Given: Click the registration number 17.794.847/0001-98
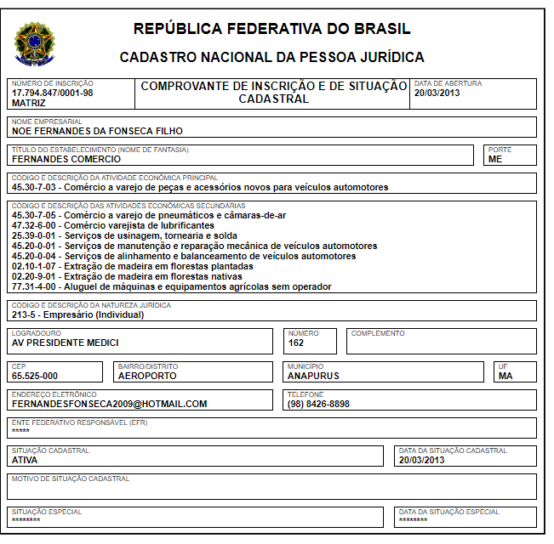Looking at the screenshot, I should (53, 93).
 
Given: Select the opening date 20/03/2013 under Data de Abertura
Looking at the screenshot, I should (437, 93).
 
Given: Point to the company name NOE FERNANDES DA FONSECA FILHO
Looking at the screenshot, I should (97, 132).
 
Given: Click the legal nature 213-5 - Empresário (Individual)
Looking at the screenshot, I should (78, 314).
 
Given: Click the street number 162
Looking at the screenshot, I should (296, 343).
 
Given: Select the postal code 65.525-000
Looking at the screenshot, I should (35, 376).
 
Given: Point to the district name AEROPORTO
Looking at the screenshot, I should (148, 376).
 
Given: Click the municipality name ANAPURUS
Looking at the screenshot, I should (313, 376).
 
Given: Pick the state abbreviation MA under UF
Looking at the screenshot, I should (505, 376).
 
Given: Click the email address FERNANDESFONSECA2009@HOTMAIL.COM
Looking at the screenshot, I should (110, 405).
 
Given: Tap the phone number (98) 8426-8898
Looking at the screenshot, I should (318, 405).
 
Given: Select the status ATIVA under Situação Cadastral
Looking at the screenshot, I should (25, 460).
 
